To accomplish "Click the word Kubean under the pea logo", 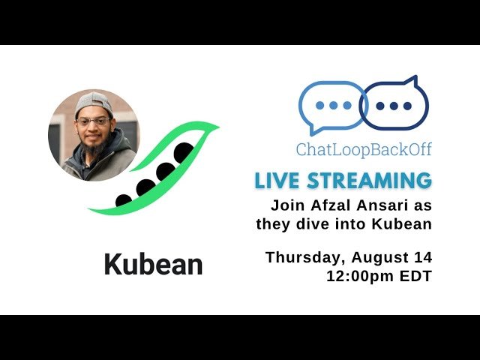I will point(153,265).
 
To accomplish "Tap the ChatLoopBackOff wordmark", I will point(364,149).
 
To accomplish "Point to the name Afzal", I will point(329,205).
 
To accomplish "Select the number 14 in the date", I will point(423,258).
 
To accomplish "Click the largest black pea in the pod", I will point(184,152).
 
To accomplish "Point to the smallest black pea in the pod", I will point(124,200).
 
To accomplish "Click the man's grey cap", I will point(92,103).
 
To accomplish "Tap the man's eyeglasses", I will point(93,121).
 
